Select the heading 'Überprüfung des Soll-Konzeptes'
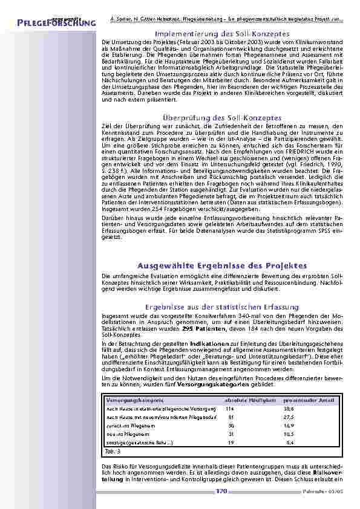(x=218, y=117)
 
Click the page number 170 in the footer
(x=221, y=491)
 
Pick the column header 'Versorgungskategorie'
(x=126, y=400)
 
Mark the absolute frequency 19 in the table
(x=231, y=443)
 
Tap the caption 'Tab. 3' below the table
(x=108, y=452)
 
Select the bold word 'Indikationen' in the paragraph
(x=206, y=343)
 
